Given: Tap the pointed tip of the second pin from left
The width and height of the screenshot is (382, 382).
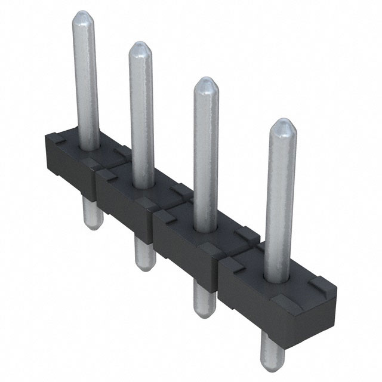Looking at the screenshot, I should click(x=141, y=48).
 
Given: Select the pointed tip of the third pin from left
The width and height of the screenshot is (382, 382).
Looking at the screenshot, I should click(x=206, y=84).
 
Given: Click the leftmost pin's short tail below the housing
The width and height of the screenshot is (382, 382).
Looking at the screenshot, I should click(x=91, y=215).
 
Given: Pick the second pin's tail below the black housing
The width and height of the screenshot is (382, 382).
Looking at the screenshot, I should click(x=143, y=254).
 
